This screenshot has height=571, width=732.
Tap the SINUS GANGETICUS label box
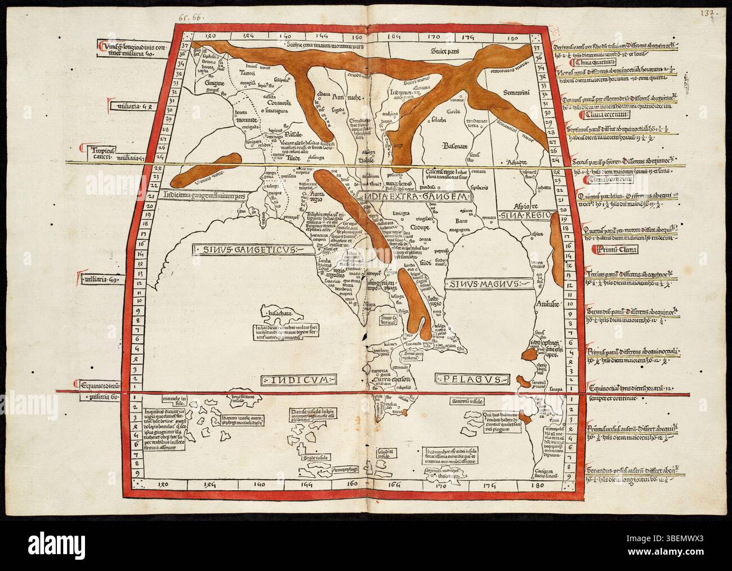pos(249,248)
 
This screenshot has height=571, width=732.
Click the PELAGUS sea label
pos(472,378)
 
